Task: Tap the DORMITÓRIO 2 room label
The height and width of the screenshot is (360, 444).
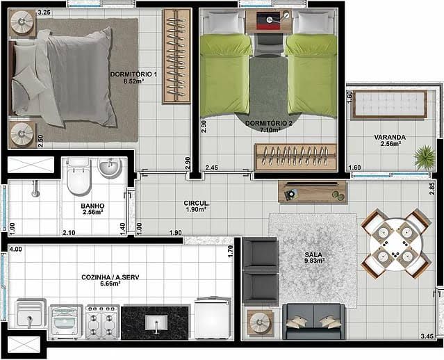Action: coord(269,126)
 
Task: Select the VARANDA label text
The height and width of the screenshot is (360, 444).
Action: coord(390,138)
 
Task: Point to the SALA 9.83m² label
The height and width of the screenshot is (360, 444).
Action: coord(314,257)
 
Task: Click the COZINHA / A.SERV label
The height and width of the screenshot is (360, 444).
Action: coord(110,280)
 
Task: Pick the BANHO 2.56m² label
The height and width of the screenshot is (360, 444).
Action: coord(92,208)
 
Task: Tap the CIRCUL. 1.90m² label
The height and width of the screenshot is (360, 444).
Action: coord(197,206)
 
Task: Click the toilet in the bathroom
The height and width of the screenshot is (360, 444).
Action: coord(79,177)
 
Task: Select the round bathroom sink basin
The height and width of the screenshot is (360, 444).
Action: coord(110,168)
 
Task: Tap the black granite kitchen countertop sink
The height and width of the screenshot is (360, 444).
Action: coord(155,322)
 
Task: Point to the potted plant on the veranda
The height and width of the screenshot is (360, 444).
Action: coord(424,157)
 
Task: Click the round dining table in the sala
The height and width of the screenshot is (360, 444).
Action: coord(395,243)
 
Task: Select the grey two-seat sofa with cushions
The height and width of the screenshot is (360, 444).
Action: coord(313,321)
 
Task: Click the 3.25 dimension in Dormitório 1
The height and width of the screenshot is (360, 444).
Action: coord(44,13)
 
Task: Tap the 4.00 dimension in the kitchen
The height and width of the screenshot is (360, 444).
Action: coord(15,249)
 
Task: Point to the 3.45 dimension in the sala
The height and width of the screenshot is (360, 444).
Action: coord(427,336)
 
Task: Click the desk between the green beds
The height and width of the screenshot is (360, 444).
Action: coord(268,22)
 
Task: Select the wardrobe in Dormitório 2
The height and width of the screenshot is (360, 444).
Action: coord(296,157)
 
